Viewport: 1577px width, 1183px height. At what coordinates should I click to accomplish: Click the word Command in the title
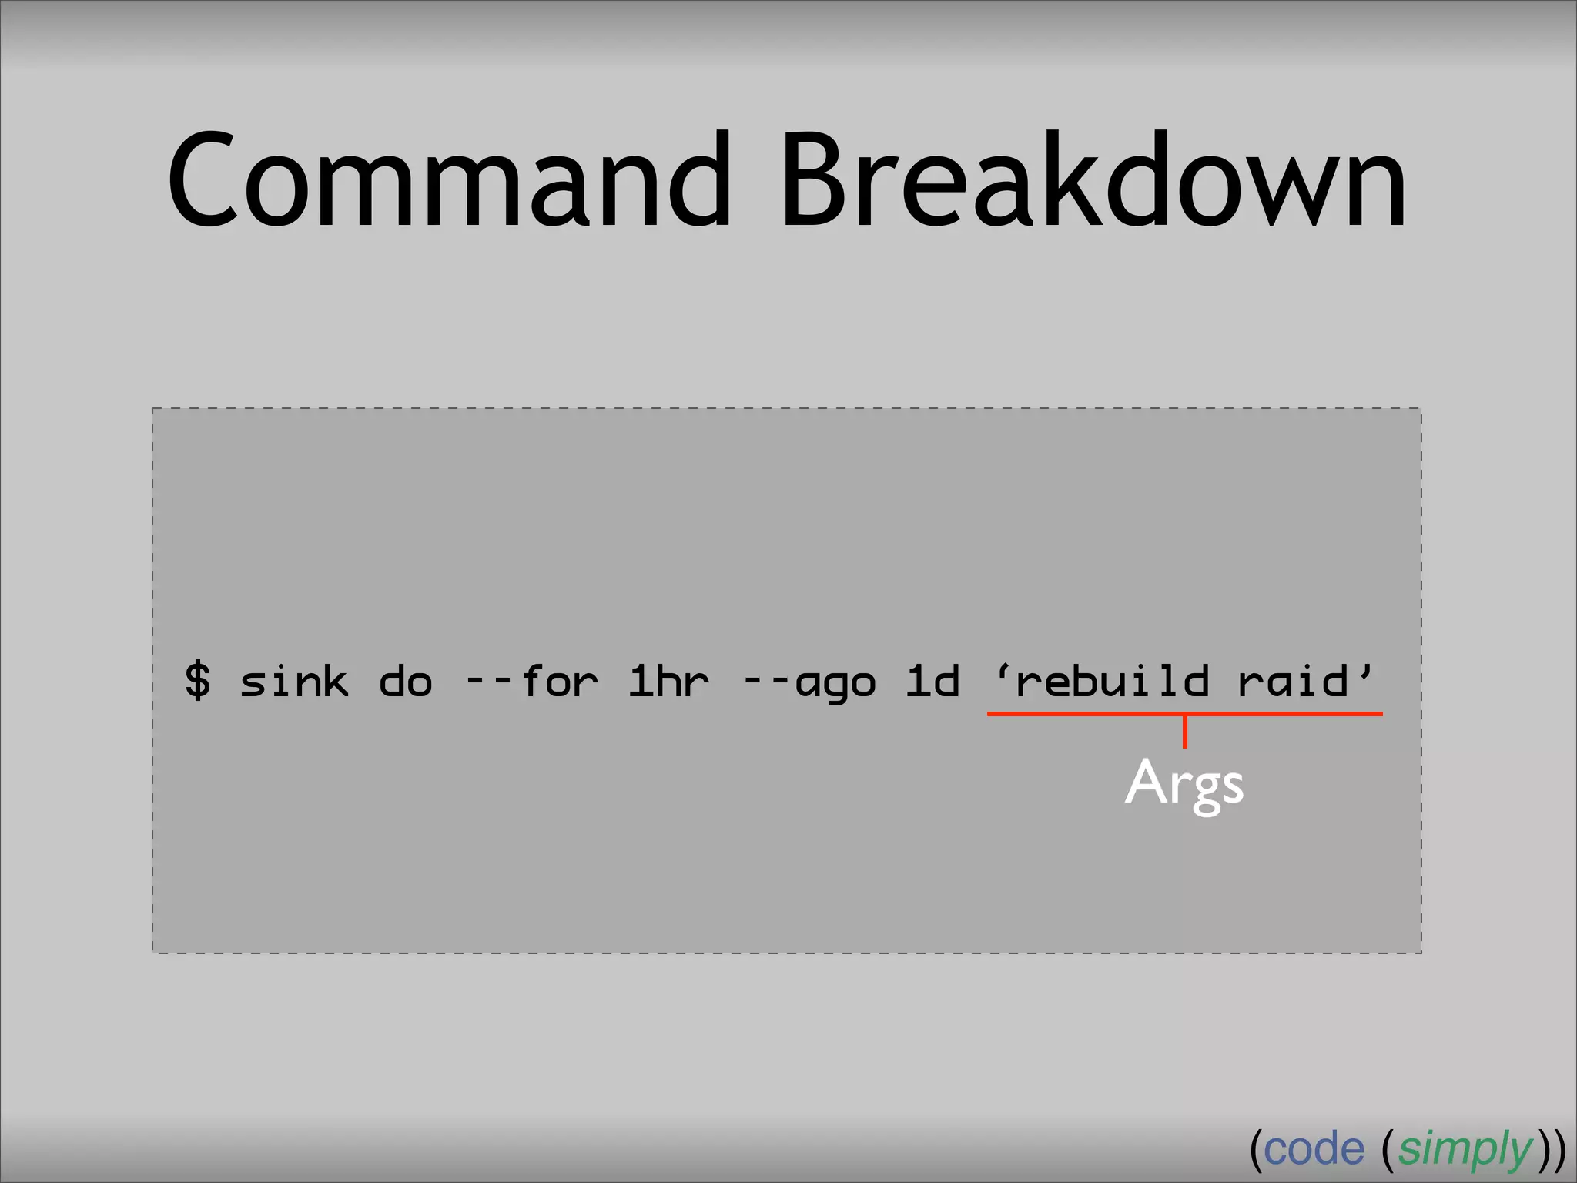coord(449,181)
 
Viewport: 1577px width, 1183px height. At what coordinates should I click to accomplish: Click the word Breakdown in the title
coord(1093,181)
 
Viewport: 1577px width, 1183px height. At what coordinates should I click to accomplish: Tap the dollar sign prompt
coord(198,681)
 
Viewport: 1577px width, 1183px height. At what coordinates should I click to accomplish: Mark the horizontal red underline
coord(1078,714)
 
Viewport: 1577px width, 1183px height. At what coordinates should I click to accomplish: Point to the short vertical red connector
coord(1185,732)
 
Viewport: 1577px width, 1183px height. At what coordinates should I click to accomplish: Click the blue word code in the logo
coord(1314,1150)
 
